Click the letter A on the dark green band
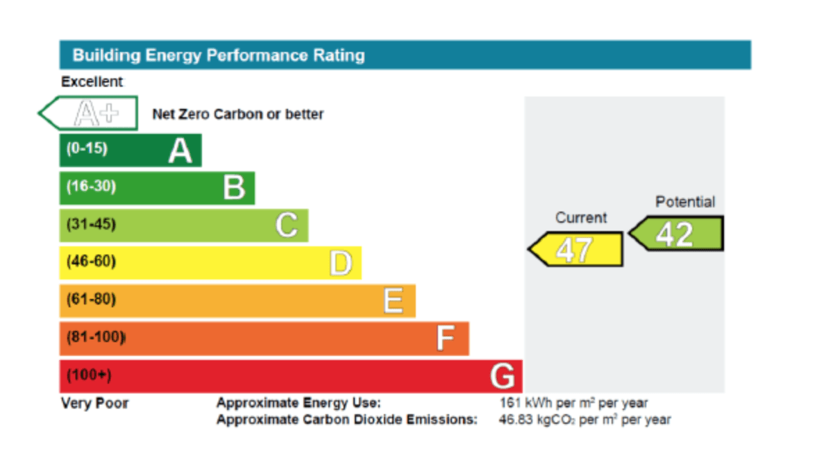pyautogui.click(x=180, y=151)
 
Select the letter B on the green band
pyautogui.click(x=234, y=188)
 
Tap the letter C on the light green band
pyautogui.click(x=287, y=225)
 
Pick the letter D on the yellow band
pyautogui.click(x=340, y=263)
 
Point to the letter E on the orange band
pyautogui.click(x=393, y=301)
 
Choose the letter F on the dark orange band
pyautogui.click(x=445, y=339)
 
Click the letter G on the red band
pyautogui.click(x=503, y=376)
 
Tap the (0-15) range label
pyautogui.click(x=87, y=148)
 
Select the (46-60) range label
pyautogui.click(x=91, y=262)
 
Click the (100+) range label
pyautogui.click(x=89, y=375)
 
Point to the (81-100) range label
pyautogui.click(x=96, y=338)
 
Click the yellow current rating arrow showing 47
pyautogui.click(x=576, y=249)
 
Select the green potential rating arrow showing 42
pyautogui.click(x=676, y=234)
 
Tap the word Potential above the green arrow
pyautogui.click(x=685, y=202)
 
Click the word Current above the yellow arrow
pyautogui.click(x=581, y=218)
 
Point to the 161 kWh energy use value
pyautogui.click(x=573, y=403)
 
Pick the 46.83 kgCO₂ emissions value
pyautogui.click(x=585, y=420)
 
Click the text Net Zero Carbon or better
pyautogui.click(x=238, y=114)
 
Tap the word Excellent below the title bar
pyautogui.click(x=92, y=82)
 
